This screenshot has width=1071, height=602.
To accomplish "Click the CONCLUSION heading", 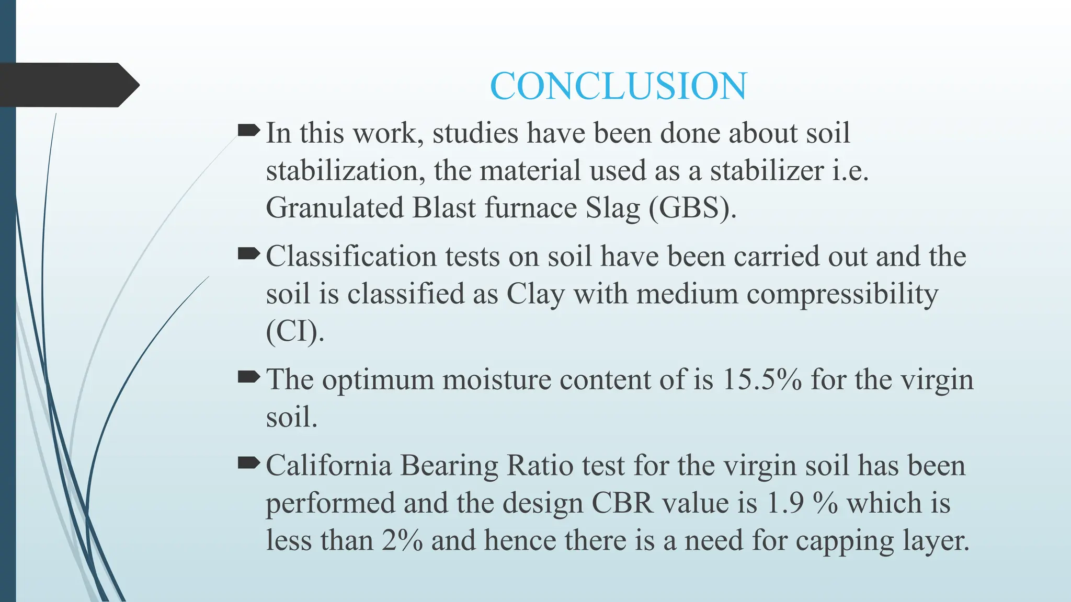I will pos(618,86).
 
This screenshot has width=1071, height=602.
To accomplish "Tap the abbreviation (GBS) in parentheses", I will pos(692,208).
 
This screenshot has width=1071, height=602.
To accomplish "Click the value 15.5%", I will pos(761,379).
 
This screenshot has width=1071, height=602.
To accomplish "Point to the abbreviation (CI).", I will pos(294,331).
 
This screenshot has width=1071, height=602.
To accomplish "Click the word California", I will pos(328,465).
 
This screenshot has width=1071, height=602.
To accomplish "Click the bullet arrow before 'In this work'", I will pos(248,130).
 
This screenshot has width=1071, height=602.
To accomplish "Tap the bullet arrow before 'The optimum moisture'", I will pos(248,377).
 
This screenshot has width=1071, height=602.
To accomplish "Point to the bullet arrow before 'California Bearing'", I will pos(248,462).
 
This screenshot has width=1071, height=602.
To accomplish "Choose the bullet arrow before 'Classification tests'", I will pos(248,254).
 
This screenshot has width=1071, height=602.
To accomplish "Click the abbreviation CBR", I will pos(622,503).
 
